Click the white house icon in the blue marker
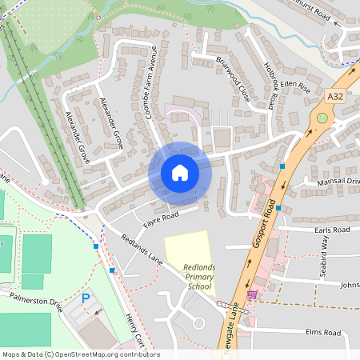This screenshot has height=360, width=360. (180, 173)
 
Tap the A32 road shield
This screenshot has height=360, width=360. (337, 96)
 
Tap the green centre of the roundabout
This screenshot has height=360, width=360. (322, 118)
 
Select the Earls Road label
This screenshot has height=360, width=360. (332, 230)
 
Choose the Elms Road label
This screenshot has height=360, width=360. (323, 331)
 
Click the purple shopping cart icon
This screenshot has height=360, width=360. (253, 294)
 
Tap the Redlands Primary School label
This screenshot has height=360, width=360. (196, 277)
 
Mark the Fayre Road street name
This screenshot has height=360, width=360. (159, 217)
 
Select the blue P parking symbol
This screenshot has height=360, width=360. (86, 298)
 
